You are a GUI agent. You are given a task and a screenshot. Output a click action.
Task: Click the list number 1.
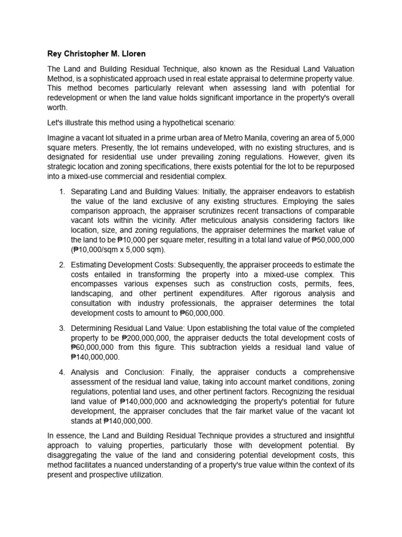click(x=61, y=191)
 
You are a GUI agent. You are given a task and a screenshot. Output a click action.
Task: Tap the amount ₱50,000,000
click(x=332, y=239)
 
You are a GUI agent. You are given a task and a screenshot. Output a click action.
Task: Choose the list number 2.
click(x=61, y=264)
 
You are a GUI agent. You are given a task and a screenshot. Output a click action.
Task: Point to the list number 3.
click(x=61, y=328)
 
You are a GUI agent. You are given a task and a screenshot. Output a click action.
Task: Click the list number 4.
click(x=61, y=372)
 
